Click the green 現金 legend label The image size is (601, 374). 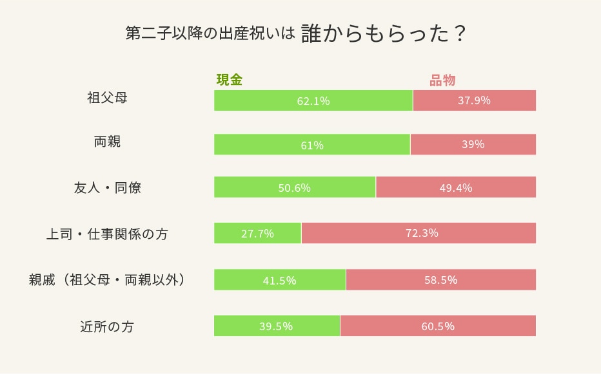(229, 80)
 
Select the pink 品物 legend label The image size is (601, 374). (442, 80)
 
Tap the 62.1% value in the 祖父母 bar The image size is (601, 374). (313, 101)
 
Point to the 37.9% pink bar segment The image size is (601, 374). (474, 100)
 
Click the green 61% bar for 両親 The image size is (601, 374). (312, 145)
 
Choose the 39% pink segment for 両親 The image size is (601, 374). (473, 144)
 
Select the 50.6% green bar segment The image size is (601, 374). (295, 188)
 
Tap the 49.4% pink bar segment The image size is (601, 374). (456, 188)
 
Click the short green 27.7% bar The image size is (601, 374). (257, 233)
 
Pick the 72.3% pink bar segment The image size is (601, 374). (419, 233)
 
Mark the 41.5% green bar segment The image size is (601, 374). (280, 280)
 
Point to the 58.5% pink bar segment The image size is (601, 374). (441, 280)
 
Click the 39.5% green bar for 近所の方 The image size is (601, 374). (277, 326)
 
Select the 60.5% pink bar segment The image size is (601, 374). (438, 326)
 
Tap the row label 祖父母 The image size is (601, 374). (107, 98)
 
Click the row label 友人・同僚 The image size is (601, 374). (107, 188)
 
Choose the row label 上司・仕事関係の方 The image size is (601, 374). (107, 234)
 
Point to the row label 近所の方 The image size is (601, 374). (107, 326)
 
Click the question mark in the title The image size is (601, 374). (459, 34)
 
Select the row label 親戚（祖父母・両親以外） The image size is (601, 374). (107, 280)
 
